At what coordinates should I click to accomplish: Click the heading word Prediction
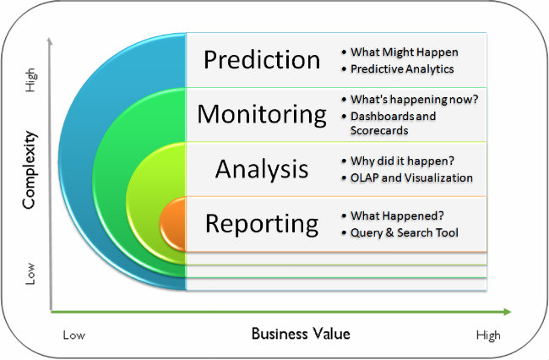point(262,59)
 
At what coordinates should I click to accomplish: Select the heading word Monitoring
point(262,115)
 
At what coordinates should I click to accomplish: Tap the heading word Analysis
point(262,169)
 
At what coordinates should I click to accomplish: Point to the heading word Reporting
point(262,224)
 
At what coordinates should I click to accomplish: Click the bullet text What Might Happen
point(405,52)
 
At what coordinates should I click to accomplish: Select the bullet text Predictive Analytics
point(402,69)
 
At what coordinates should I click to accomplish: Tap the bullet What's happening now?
point(414,100)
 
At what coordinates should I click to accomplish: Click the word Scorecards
point(379,131)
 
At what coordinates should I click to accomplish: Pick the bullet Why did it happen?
point(402,161)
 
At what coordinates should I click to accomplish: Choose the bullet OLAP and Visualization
point(412,178)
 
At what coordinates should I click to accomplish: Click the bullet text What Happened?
point(398,215)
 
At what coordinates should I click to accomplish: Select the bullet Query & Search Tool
point(405,233)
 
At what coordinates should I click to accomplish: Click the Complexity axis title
point(30,170)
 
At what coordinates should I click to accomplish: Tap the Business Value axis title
point(301,334)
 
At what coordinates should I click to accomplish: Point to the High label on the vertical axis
point(30,80)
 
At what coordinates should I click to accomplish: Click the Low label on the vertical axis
point(30,274)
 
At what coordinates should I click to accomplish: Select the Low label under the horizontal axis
point(74,335)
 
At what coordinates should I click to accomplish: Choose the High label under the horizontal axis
point(488,335)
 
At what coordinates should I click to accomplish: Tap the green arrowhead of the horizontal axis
point(508,312)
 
